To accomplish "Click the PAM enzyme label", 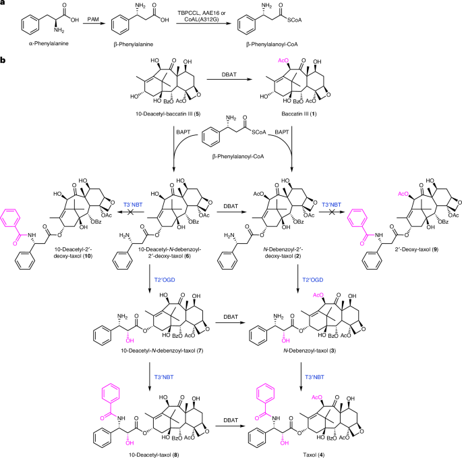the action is click(93, 19).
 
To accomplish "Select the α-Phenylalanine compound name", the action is click(49, 43).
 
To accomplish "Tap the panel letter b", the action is click(3, 60).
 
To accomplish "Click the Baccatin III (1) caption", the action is click(299, 113).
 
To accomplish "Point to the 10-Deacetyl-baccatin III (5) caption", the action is click(168, 113).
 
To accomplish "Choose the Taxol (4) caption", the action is click(314, 455).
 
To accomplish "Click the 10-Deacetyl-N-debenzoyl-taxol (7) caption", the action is click(162, 351).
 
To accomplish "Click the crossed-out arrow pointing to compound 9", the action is click(331, 212).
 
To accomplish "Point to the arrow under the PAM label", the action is click(94, 24).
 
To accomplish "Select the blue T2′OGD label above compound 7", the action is click(165, 280).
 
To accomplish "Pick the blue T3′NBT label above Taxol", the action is click(314, 377).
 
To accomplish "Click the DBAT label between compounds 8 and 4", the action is click(231, 420).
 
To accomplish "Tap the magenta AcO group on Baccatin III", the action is click(283, 61).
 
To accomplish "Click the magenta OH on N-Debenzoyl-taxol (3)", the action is click(285, 340).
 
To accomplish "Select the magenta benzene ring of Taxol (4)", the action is click(266, 394).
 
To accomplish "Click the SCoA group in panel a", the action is click(294, 20).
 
